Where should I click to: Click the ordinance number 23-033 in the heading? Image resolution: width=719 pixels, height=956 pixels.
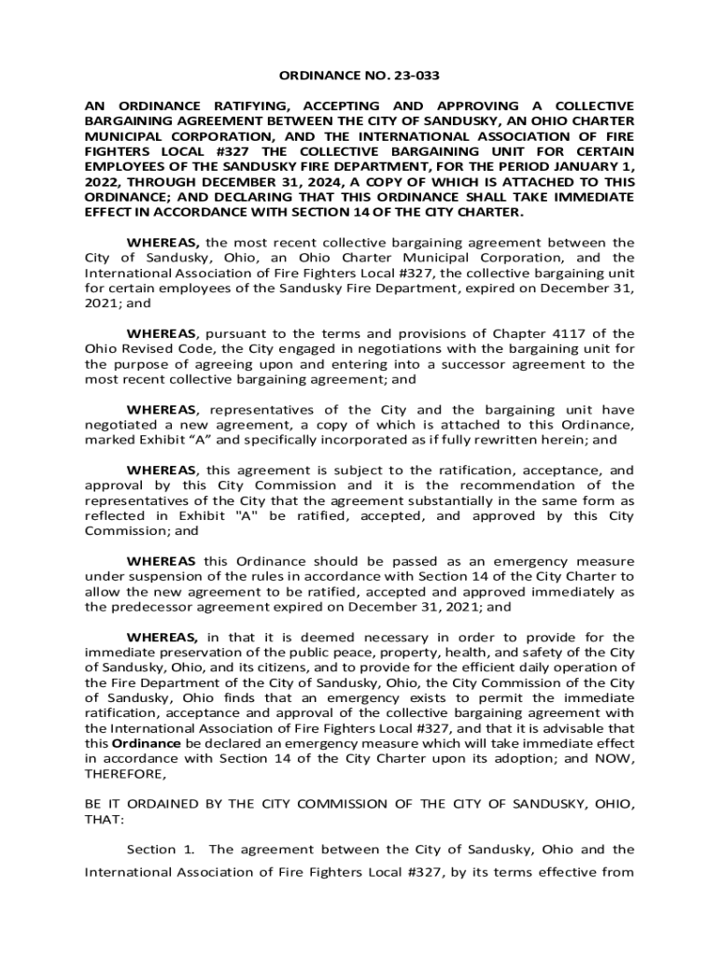[x=414, y=76]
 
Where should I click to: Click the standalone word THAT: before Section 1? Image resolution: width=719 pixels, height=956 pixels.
[x=102, y=819]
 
